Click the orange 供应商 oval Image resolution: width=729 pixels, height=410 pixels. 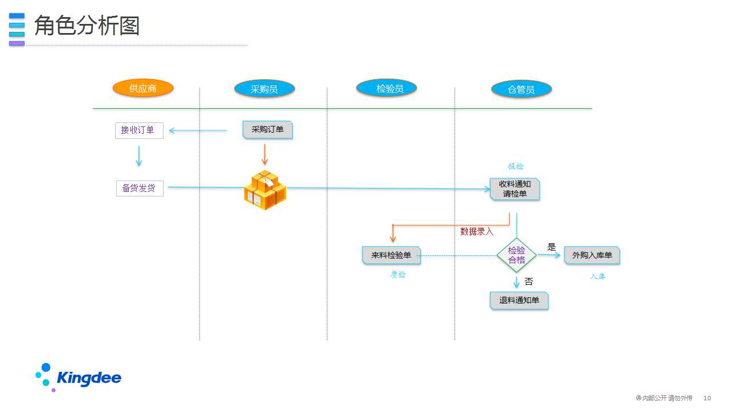point(143,88)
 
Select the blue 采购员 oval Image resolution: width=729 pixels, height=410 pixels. point(264,89)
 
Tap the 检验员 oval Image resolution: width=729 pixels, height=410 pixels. point(386,88)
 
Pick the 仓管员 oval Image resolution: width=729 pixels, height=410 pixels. point(521,89)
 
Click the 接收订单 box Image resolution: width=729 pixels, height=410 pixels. point(140,130)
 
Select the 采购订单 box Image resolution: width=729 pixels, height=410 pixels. point(268,130)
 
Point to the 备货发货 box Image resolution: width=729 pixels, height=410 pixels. point(140,188)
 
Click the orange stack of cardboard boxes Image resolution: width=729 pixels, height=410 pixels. point(265,190)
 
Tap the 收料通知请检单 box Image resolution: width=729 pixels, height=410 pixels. point(515,189)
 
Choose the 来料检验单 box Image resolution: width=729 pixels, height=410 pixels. point(391,255)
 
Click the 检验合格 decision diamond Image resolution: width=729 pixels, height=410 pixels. point(517,255)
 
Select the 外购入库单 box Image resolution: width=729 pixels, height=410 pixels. point(592,255)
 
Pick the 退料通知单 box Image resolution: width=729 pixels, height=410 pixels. point(519,300)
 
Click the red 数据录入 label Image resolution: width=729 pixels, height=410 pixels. point(477,231)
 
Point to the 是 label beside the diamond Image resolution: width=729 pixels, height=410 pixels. point(551,247)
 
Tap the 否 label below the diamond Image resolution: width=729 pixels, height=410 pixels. point(529,281)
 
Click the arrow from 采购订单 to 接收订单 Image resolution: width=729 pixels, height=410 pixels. point(198,130)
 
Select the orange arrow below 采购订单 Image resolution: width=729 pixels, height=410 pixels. point(265,154)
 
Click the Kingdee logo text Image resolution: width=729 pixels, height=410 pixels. point(89,378)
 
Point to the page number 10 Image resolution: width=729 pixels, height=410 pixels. point(707,398)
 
